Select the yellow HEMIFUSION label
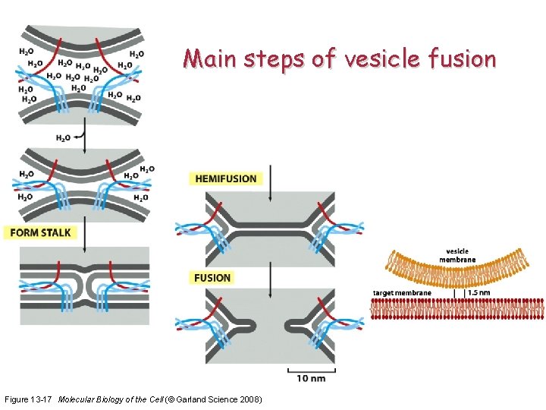tap(226, 179)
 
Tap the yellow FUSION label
tap(212, 278)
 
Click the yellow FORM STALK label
tap(40, 232)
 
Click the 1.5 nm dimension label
tap(479, 292)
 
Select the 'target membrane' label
tap(401, 292)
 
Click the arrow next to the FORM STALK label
tap(85, 232)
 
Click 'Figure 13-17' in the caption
tap(29, 399)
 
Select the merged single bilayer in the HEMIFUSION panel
tap(270, 226)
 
